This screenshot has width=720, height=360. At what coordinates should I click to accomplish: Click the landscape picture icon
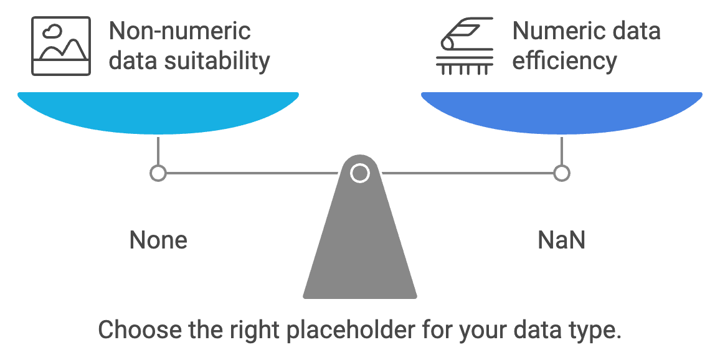(x=61, y=47)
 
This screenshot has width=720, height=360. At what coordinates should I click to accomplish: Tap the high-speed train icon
(x=464, y=47)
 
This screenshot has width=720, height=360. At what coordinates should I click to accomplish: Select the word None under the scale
(x=158, y=240)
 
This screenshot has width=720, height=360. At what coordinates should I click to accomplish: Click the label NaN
(x=561, y=240)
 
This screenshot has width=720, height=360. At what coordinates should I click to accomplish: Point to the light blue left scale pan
(x=158, y=111)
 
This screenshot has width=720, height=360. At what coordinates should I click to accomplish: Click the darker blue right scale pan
(x=561, y=111)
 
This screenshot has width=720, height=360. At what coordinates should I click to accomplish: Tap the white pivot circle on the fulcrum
(x=359, y=173)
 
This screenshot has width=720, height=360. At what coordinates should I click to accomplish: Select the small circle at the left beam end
(x=158, y=173)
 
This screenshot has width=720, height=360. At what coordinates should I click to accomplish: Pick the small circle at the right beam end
(x=561, y=173)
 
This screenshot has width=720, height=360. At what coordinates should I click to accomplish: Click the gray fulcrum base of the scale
(x=360, y=249)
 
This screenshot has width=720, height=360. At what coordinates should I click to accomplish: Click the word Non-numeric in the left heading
(x=179, y=31)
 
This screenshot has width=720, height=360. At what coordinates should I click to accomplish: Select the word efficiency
(x=564, y=61)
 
